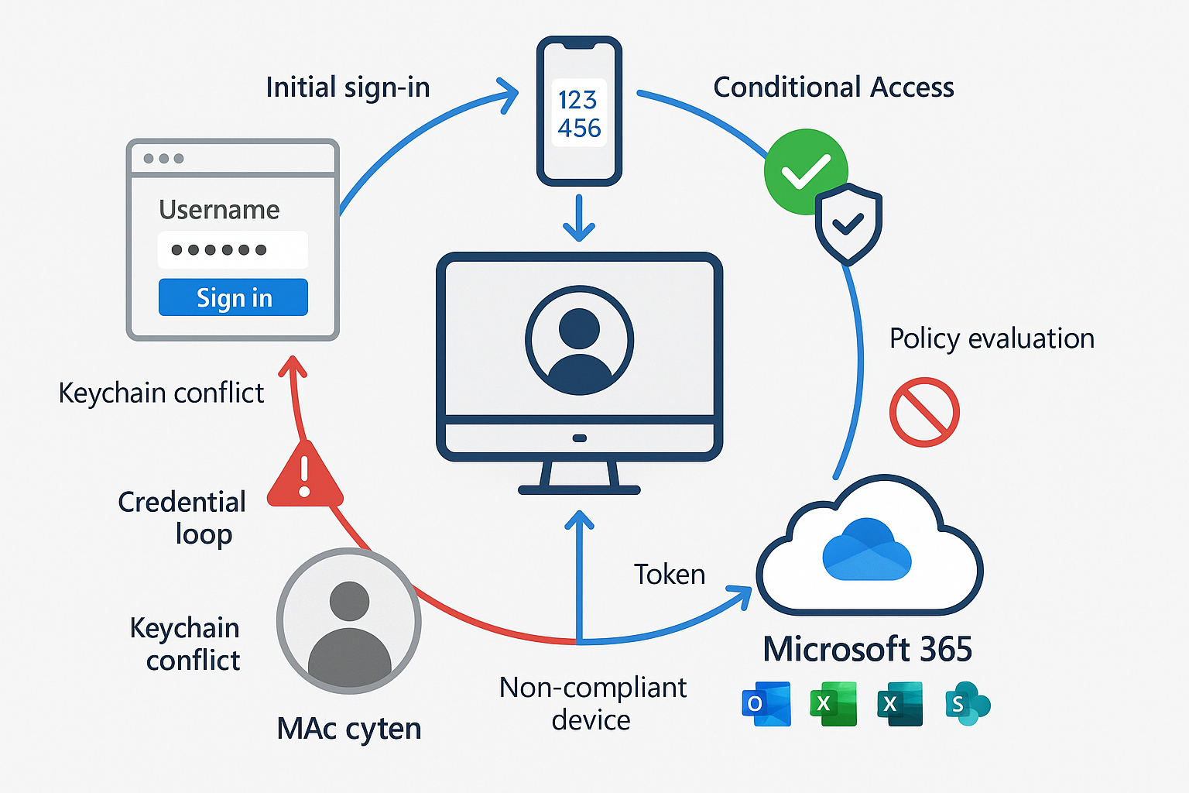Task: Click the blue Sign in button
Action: coord(233,297)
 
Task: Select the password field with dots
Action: coord(232,249)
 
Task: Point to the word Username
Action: coord(219,210)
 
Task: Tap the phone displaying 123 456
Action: coord(579,112)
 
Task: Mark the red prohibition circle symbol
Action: coord(924,412)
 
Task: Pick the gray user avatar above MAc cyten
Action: coord(349,621)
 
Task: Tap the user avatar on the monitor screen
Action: coord(579,341)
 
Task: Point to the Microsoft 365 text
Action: coord(867,649)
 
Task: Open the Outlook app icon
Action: coord(766,704)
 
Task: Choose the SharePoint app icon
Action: coord(967,704)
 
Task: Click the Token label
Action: coord(670,575)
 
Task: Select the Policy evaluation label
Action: coord(992,338)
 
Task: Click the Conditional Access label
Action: coord(833,88)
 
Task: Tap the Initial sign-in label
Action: coord(348,88)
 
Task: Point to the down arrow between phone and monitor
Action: coord(579,219)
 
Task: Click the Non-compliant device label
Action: coord(592,703)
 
